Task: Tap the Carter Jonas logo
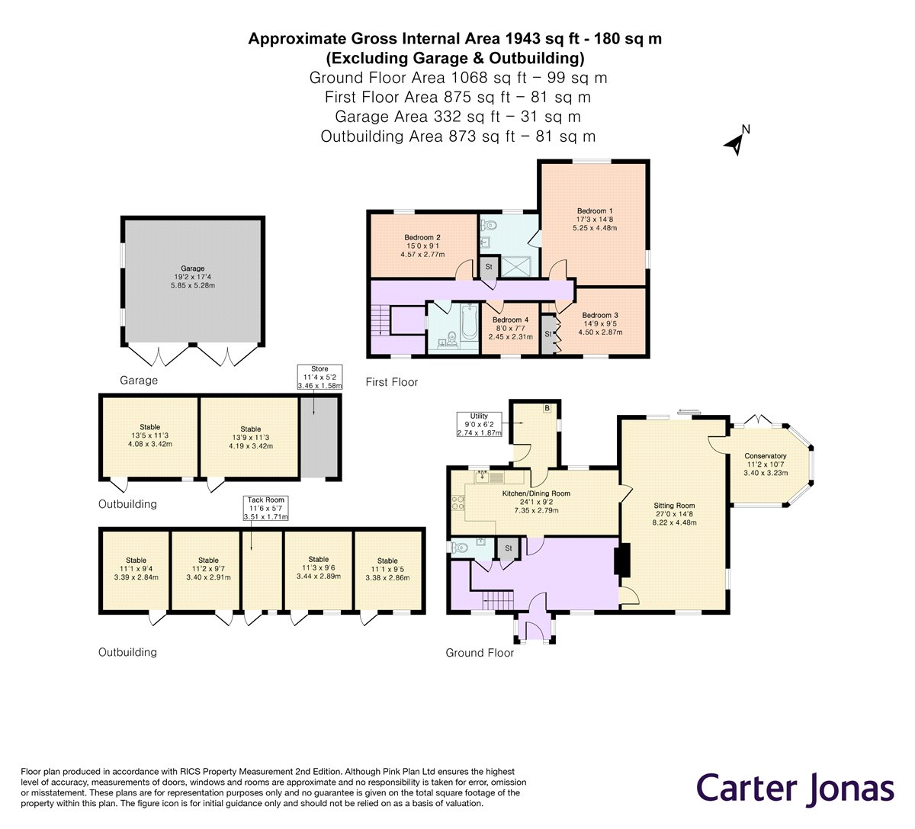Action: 795,789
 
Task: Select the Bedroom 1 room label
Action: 595,220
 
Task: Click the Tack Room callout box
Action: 265,508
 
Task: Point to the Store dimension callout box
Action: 319,377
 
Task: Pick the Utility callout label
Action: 479,424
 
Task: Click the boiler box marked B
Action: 547,408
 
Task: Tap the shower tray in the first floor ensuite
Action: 516,266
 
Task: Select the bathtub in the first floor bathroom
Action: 469,322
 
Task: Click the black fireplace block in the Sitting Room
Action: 622,558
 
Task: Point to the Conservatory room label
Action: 766,464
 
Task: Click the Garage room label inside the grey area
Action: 192,277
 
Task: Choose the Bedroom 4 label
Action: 510,329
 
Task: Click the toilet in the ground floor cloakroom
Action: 460,547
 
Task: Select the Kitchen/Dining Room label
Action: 536,501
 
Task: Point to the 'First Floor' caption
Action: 392,382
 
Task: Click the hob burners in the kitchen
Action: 458,503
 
